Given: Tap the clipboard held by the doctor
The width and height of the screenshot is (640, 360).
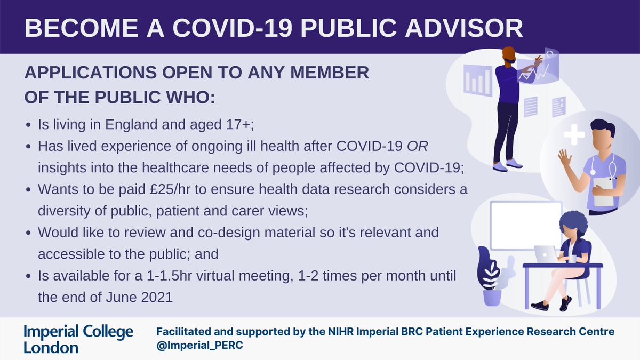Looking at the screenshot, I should coord(603,191).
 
